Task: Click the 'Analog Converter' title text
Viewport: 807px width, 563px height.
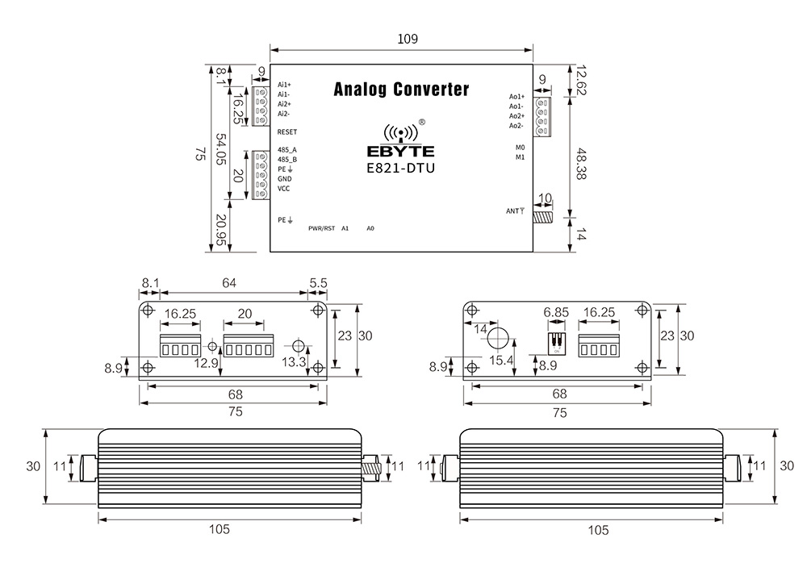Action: [401, 89]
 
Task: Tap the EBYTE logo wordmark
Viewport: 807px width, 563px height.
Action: [400, 151]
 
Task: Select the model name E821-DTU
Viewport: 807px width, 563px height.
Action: [401, 169]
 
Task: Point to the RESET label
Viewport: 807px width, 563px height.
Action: [287, 131]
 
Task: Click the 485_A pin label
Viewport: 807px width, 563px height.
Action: [287, 150]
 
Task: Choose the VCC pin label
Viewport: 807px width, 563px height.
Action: [284, 189]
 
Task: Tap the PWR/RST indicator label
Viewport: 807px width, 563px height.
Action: [320, 228]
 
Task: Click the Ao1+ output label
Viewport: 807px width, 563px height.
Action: [516, 97]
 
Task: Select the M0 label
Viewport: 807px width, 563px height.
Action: [521, 148]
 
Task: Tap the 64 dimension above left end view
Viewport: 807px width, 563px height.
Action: [229, 283]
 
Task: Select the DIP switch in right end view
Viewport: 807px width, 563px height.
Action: [556, 341]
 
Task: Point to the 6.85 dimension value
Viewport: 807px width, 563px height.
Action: [557, 312]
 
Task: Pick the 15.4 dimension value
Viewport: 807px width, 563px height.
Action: [503, 361]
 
